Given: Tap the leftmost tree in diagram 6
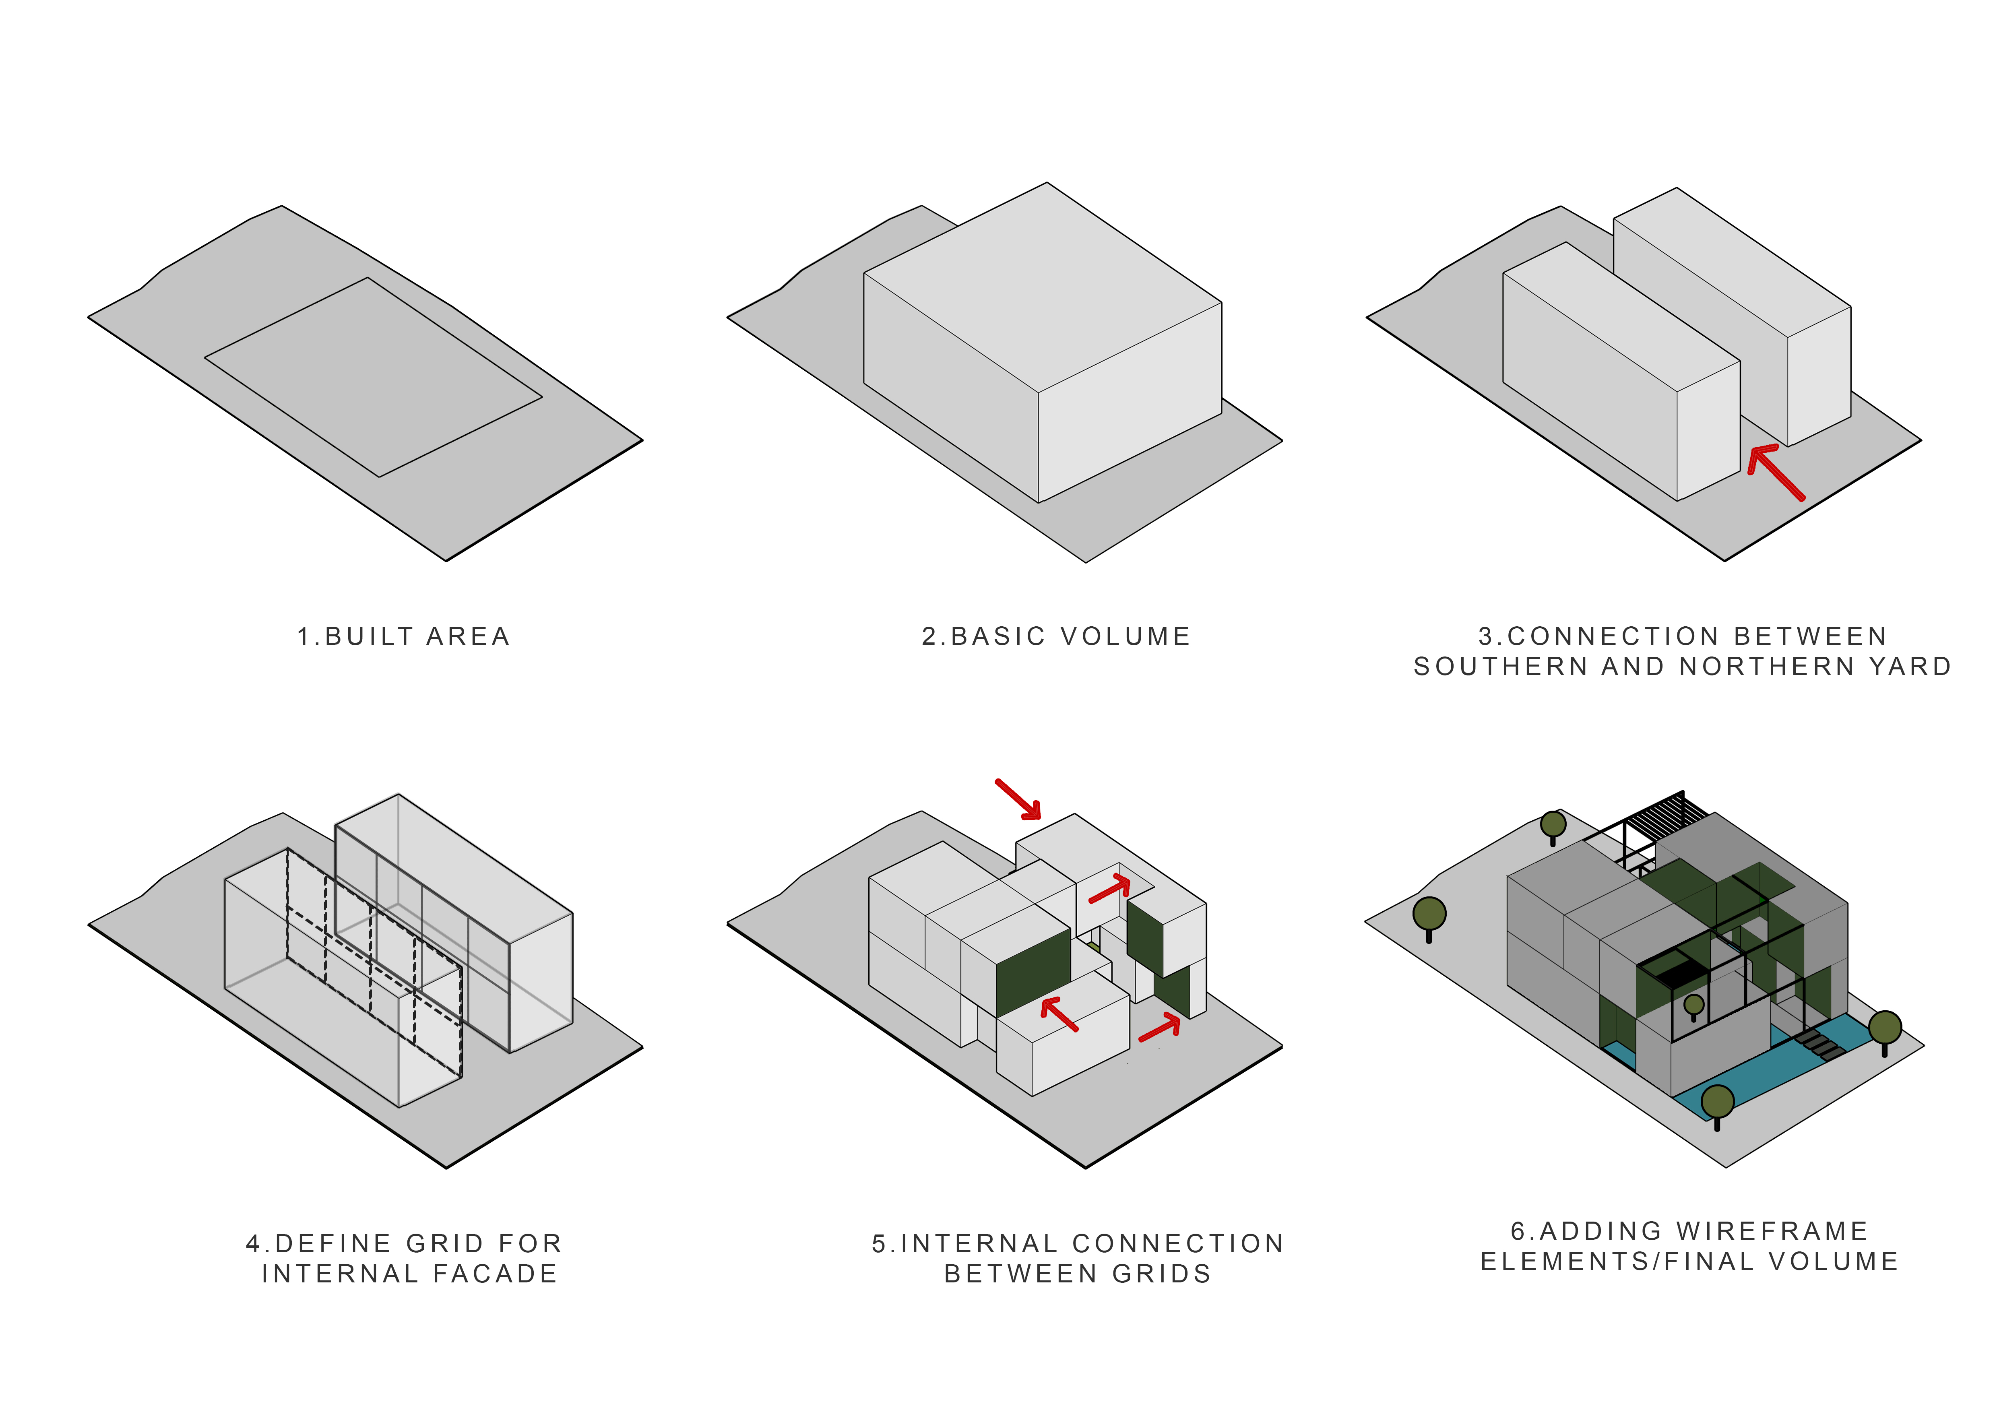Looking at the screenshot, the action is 1429,916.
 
